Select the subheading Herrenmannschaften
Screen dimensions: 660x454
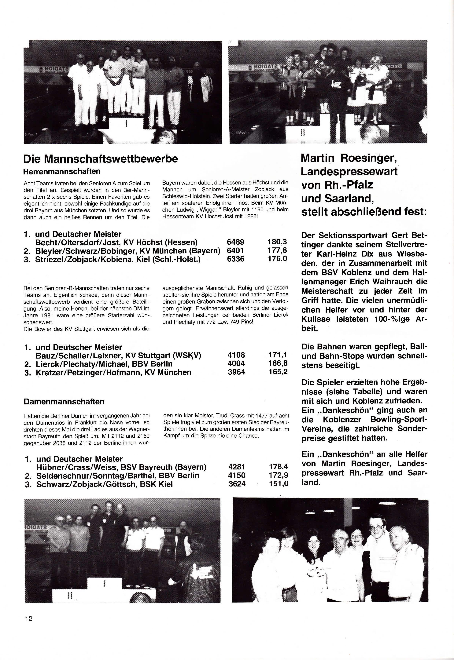[62, 172]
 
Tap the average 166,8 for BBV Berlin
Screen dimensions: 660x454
[278, 363]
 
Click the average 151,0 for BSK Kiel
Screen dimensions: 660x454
[279, 484]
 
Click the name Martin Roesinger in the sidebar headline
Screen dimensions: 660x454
[349, 158]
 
